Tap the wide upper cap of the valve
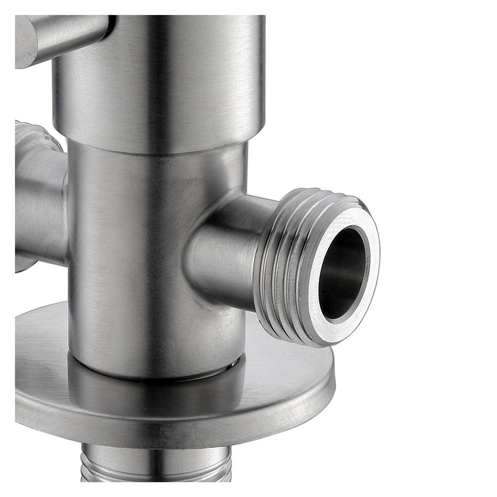click(199, 80)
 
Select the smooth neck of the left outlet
click(40, 209)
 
